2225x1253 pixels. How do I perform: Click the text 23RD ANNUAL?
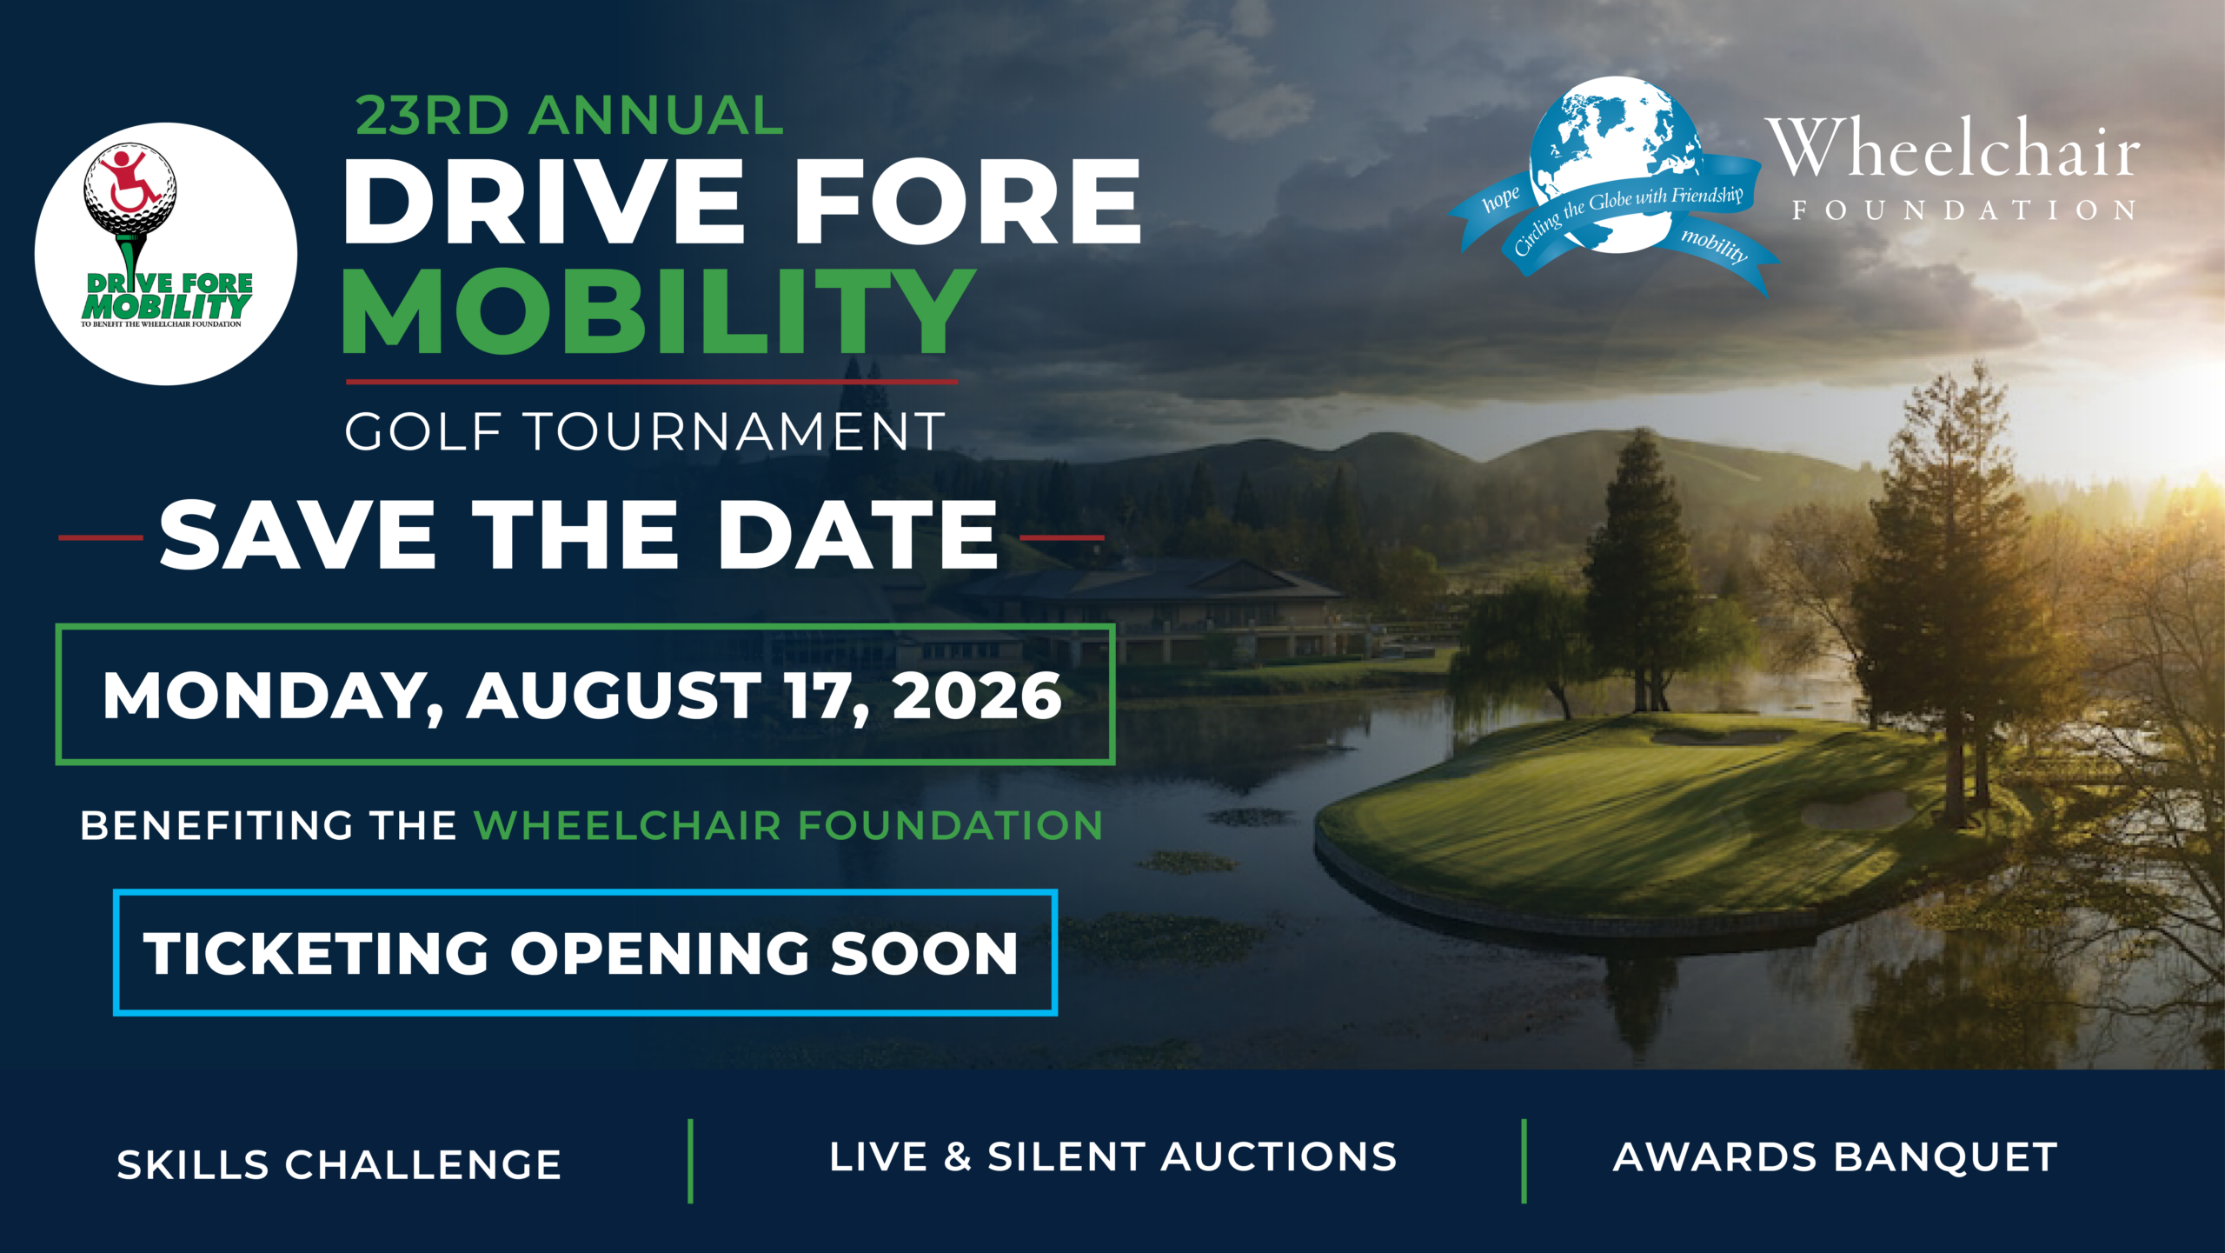click(569, 116)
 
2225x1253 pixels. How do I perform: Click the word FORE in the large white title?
click(967, 203)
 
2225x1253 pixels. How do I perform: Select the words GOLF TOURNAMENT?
click(645, 431)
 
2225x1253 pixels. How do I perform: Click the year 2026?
click(977, 696)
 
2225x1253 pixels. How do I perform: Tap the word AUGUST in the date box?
click(614, 696)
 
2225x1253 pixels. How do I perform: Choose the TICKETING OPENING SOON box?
click(585, 952)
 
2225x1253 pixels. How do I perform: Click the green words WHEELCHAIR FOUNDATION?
click(788, 825)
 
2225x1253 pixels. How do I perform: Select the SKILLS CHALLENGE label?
click(339, 1164)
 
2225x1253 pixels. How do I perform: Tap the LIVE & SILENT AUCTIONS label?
click(1112, 1157)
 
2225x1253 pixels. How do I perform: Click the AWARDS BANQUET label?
click(1836, 1157)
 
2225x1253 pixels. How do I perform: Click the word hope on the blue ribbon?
click(1501, 199)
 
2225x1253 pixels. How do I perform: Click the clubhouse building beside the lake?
click(1165, 609)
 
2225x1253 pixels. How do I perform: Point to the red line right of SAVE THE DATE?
click(1061, 537)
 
